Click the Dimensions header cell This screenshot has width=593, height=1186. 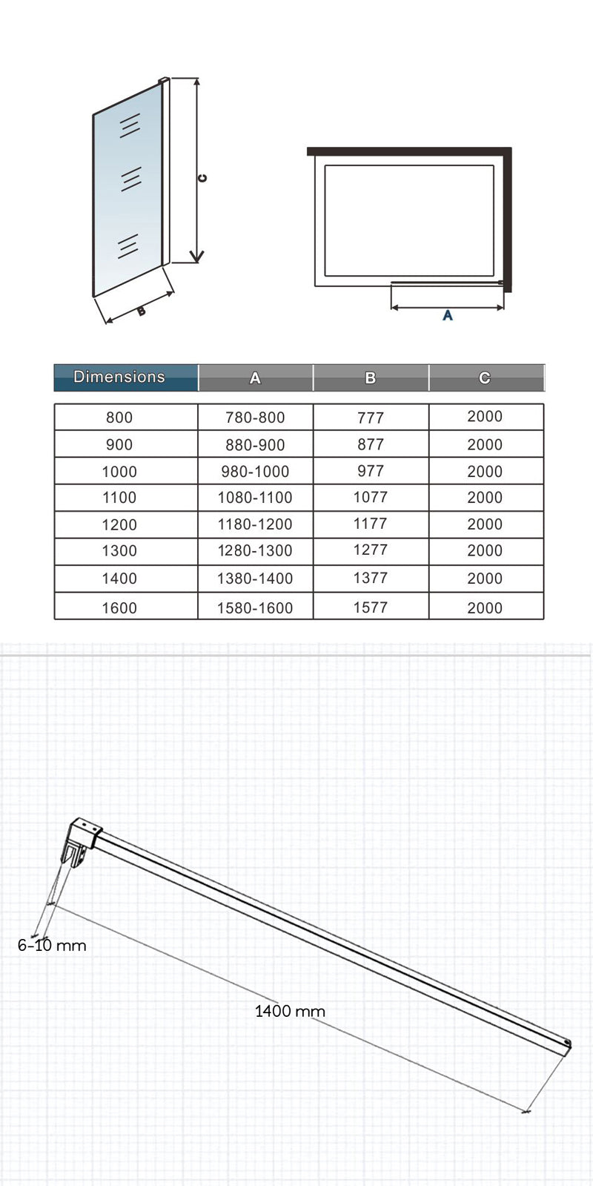[119, 378]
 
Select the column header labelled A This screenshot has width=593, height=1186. [255, 378]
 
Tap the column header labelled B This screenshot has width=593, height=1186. [371, 378]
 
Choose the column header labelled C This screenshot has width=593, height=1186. [485, 378]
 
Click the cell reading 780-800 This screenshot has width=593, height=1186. [255, 418]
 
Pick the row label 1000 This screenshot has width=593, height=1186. [119, 472]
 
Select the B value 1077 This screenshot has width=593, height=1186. [371, 498]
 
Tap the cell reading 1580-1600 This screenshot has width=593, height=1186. [255, 608]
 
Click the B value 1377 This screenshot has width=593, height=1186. [371, 579]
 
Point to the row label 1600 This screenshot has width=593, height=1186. [119, 608]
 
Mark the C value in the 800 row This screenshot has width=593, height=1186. [485, 417]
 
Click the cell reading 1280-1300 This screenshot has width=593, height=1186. [255, 551]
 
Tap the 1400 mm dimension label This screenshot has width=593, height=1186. [290, 1011]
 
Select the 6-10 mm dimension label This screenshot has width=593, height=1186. [52, 946]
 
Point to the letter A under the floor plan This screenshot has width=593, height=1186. [448, 316]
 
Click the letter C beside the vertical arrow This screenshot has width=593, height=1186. [202, 178]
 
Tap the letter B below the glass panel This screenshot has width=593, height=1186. [142, 312]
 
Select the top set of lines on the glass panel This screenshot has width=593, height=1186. [130, 125]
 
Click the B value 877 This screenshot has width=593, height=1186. [371, 444]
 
